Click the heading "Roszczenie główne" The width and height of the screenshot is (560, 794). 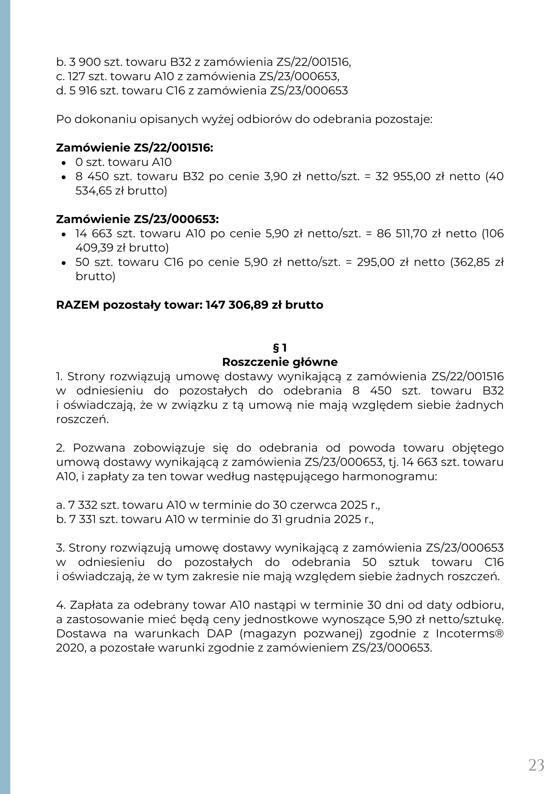click(x=280, y=362)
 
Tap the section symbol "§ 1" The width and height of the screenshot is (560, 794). click(x=280, y=348)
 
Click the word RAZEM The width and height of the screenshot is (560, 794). click(x=78, y=305)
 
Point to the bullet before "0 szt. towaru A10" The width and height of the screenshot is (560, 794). click(x=63, y=163)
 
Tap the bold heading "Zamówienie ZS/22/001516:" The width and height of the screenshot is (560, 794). click(x=135, y=148)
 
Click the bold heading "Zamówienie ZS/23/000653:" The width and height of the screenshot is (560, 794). click(x=138, y=220)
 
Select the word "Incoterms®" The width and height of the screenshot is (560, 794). click(x=469, y=634)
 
